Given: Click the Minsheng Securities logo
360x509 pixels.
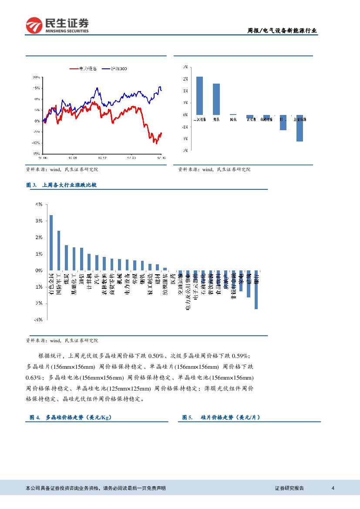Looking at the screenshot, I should (x=57, y=26).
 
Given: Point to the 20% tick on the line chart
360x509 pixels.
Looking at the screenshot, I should (x=37, y=77).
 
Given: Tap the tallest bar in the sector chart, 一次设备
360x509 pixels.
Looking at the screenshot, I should (x=199, y=95).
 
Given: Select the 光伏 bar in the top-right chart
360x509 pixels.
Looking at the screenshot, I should (x=216, y=99).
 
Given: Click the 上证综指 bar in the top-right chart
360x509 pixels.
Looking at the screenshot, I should (x=299, y=128).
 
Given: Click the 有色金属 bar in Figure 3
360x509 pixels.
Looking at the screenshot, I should (x=51, y=243).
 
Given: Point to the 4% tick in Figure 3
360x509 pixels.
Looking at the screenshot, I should (x=39, y=204).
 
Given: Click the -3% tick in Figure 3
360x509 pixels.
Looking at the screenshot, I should (x=39, y=320).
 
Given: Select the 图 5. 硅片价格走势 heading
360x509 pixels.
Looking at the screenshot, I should (x=221, y=417).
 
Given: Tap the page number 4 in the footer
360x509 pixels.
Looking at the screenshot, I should (x=333, y=488).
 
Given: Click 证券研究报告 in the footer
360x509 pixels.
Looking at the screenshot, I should (x=289, y=488).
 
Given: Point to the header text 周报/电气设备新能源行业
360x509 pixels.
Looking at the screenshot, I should (x=282, y=30).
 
